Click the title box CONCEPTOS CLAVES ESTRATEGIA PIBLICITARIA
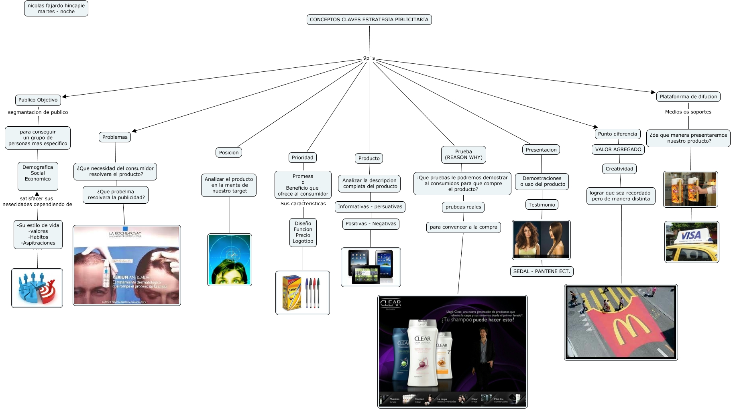[x=369, y=20]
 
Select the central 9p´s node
[x=369, y=58]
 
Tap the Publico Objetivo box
[x=38, y=100]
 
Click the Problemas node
[x=115, y=137]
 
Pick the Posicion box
[x=229, y=152]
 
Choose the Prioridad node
[x=302, y=158]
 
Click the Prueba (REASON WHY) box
[x=463, y=154]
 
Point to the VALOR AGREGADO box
[x=618, y=150]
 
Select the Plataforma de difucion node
[x=688, y=97]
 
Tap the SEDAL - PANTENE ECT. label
[x=542, y=271]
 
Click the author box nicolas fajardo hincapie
[x=56, y=8]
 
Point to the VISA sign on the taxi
[x=691, y=235]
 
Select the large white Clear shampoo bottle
[x=422, y=353]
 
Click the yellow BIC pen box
[x=291, y=293]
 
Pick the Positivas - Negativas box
[x=371, y=224]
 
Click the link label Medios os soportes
[x=688, y=112]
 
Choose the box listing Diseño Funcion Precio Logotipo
[x=303, y=233]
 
